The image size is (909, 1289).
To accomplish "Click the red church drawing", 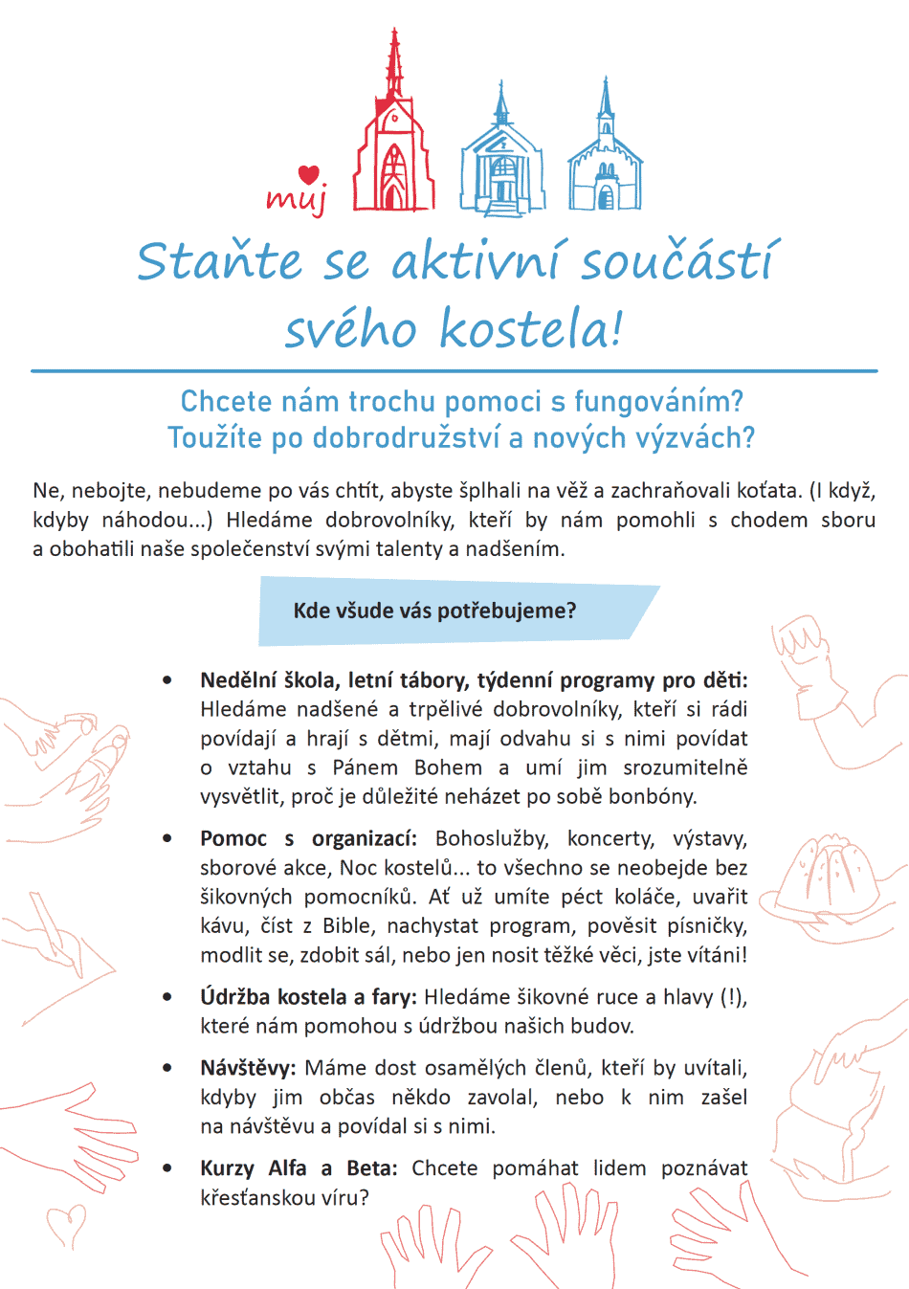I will (x=394, y=139).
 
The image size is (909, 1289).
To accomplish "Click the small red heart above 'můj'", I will (x=308, y=174).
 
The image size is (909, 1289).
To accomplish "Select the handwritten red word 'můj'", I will (x=297, y=198).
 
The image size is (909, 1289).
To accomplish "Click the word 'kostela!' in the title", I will (x=531, y=329).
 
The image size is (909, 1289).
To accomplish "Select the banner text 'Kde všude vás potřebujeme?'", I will (x=434, y=611).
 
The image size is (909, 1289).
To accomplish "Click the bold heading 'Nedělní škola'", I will (x=260, y=680).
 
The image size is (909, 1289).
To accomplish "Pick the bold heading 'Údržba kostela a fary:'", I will (x=308, y=997).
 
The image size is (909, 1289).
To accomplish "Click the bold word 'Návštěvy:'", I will (x=249, y=1068).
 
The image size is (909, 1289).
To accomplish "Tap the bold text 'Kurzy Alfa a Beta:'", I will (x=299, y=1168).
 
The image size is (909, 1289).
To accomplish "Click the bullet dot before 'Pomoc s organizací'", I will (x=167, y=839).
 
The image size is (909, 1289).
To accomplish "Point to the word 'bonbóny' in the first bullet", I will (x=660, y=796).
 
